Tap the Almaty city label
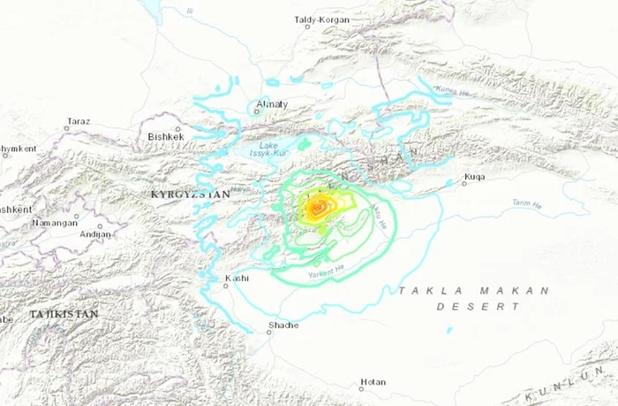(271, 104)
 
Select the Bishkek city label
(166, 137)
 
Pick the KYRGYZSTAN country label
(190, 193)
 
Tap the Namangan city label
(54, 223)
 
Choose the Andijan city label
(95, 234)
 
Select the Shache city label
(283, 325)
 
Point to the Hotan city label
(373, 382)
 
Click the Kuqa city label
(475, 176)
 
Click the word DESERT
(478, 307)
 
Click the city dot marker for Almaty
(258, 111)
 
